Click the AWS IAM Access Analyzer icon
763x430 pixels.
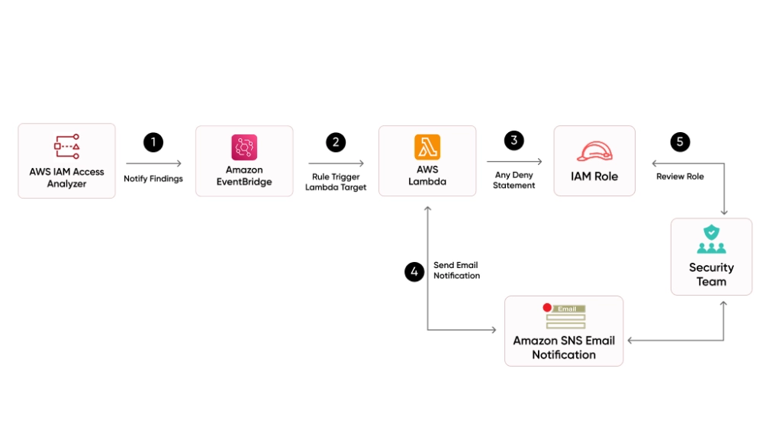point(66,146)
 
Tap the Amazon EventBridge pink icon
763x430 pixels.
point(244,147)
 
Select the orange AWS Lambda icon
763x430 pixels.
point(427,147)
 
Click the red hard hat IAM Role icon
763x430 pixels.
point(594,151)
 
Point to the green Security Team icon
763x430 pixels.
point(711,239)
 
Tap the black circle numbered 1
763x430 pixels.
point(153,142)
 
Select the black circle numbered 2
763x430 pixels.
point(336,142)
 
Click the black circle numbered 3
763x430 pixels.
point(514,141)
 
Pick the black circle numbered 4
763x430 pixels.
point(414,272)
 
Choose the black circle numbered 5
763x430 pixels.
point(680,142)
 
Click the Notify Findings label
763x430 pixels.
point(153,179)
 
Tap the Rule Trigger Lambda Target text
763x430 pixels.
point(336,182)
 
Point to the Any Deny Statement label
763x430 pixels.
point(513,180)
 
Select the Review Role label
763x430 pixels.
point(680,176)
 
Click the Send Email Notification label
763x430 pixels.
point(456,270)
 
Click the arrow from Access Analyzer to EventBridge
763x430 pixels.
point(153,163)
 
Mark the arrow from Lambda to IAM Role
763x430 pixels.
point(514,161)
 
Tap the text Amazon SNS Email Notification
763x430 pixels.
point(564,348)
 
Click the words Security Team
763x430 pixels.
point(711,274)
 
